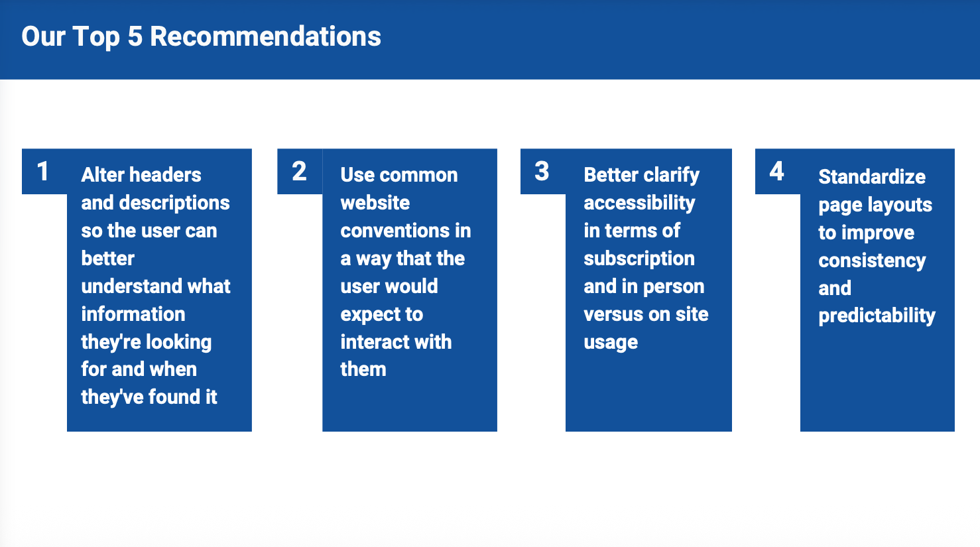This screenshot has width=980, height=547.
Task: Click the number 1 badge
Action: [44, 171]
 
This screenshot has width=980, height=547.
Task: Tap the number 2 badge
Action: [300, 171]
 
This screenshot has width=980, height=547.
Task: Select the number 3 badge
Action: [543, 171]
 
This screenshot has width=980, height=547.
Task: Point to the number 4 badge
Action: [778, 171]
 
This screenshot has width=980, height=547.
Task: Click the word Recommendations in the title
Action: [265, 36]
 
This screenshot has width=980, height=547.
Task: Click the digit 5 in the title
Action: [135, 36]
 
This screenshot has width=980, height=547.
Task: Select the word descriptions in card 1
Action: [174, 204]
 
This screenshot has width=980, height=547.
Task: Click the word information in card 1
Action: [133, 314]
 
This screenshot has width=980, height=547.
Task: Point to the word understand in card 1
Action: [131, 286]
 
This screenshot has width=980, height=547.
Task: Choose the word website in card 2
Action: [375, 203]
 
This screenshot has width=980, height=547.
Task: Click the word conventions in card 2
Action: [395, 231]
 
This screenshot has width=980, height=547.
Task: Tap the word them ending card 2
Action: [363, 369]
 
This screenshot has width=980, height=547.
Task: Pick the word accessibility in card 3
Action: [639, 204]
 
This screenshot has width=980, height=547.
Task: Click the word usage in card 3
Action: [610, 343]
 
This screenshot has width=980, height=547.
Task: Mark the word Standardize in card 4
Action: [872, 177]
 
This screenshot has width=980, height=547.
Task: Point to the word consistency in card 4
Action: [872, 261]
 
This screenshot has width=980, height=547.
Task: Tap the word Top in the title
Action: [96, 37]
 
